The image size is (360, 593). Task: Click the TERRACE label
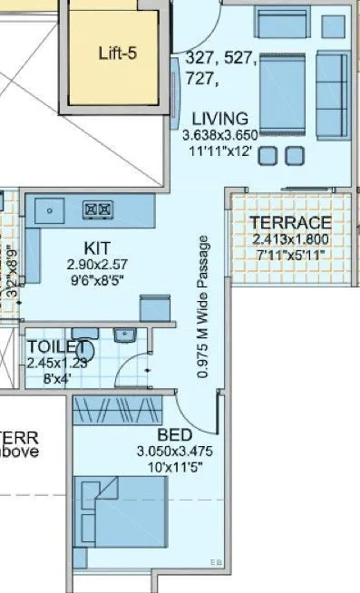point(290,224)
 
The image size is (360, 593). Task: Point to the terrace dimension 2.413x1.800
point(290,239)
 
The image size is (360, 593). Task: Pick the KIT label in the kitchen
point(97,248)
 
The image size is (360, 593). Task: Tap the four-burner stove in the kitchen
point(98,209)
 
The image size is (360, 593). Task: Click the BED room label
point(173,434)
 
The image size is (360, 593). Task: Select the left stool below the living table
point(268,156)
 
